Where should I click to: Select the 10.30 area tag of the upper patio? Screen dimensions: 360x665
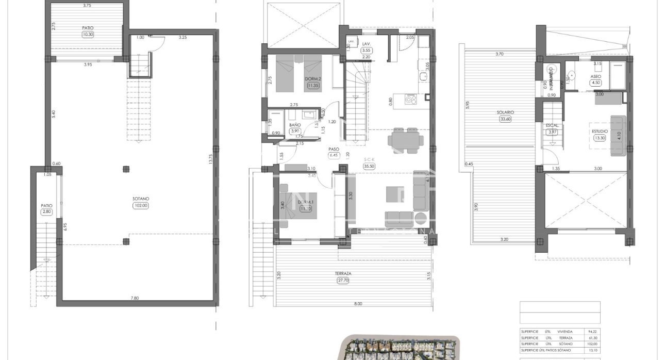87,35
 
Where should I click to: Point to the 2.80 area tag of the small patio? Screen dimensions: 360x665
47,211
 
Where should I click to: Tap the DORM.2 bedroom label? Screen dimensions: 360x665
313,79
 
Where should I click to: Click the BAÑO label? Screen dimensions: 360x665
295,125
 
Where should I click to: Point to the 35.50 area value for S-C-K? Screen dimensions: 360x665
369,166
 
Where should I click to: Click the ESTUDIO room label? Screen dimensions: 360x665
600,131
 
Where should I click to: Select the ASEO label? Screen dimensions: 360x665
595,76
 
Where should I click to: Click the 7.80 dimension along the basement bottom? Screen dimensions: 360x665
134,298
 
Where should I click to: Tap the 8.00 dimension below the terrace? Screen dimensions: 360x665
358,304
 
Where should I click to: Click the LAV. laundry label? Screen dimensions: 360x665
367,44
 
